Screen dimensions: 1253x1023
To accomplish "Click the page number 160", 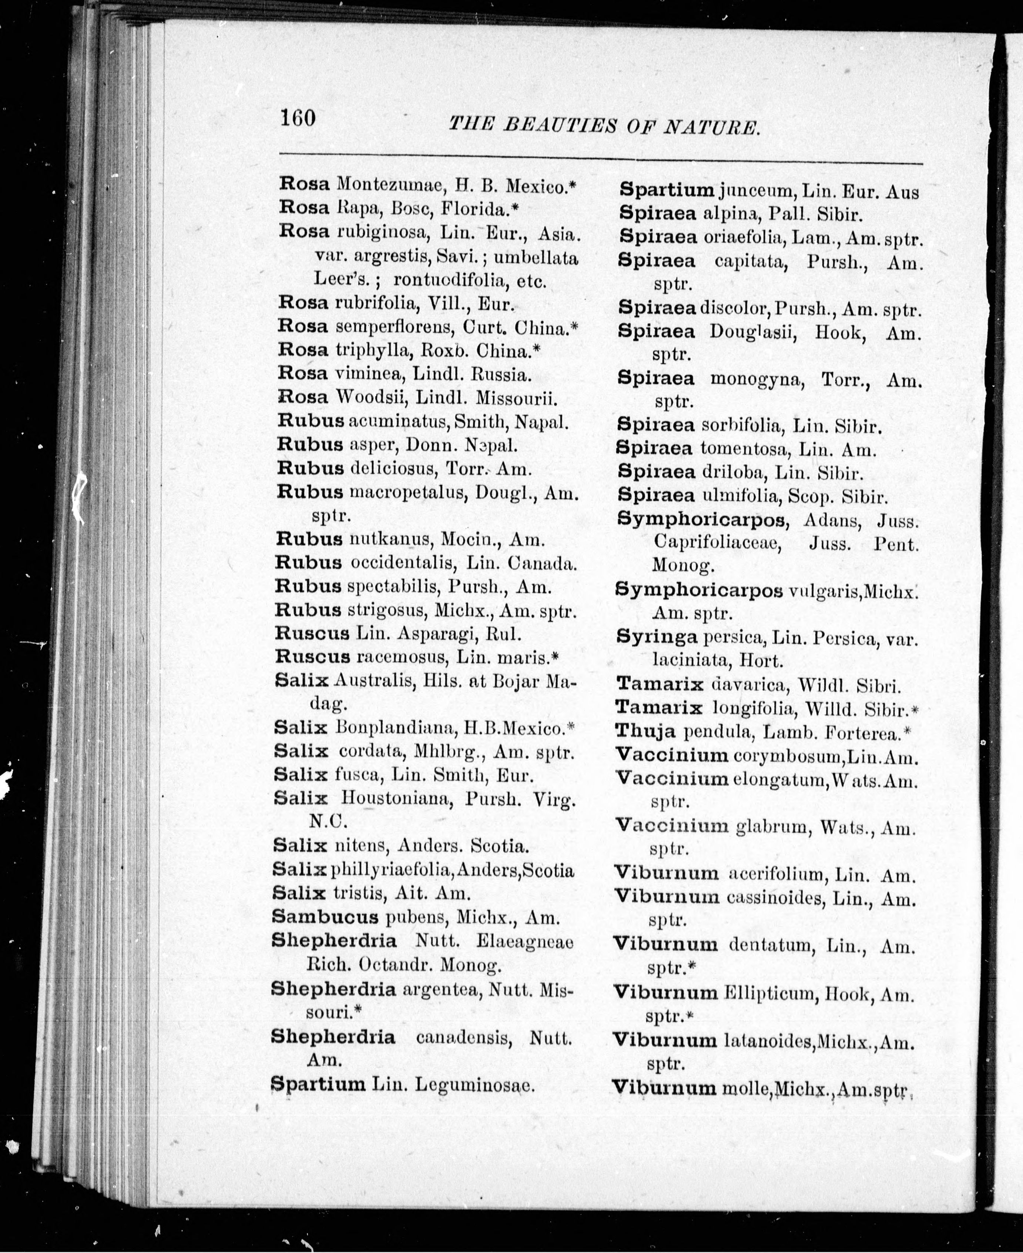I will click(x=298, y=118).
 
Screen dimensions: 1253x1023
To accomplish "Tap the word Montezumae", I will click(x=389, y=186).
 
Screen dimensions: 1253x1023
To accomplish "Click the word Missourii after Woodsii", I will click(x=516, y=398).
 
